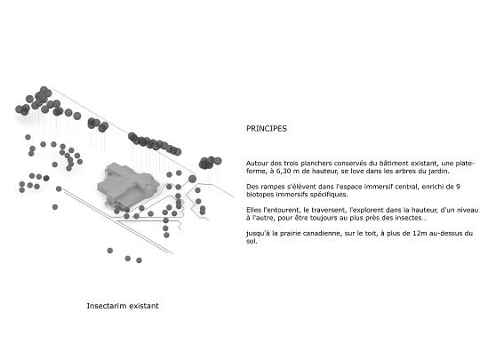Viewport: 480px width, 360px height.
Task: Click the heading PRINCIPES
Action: click(267, 129)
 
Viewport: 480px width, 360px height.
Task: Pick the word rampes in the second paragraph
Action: click(272, 187)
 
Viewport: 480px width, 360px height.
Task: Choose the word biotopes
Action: click(260, 195)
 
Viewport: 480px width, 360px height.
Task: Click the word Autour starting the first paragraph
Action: click(257, 164)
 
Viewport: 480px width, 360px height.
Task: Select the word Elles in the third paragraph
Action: click(253, 210)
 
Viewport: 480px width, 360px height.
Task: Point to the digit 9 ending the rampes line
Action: click(458, 187)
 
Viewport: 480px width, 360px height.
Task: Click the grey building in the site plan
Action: click(128, 186)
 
